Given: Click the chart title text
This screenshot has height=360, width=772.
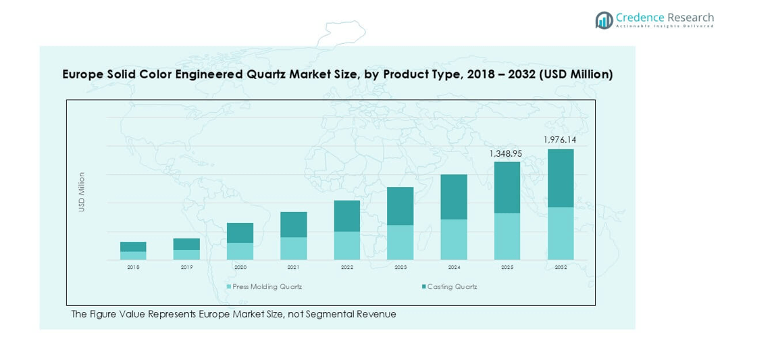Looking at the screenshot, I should [x=338, y=74].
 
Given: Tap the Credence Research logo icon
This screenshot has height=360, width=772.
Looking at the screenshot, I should [x=604, y=20].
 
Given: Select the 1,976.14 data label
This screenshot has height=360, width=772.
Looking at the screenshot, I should [x=560, y=140].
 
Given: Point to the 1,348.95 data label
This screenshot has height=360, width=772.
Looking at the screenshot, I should [x=506, y=153].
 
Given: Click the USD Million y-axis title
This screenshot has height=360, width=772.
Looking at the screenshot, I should [x=82, y=192].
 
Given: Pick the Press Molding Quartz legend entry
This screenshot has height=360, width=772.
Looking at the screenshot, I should [x=264, y=286].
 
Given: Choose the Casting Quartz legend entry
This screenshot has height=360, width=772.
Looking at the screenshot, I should [x=449, y=286].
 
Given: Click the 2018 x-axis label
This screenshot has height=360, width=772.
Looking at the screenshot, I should [x=133, y=267].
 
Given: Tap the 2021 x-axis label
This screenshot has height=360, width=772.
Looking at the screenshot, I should [x=294, y=267].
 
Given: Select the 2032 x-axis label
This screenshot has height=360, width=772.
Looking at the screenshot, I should [x=561, y=267].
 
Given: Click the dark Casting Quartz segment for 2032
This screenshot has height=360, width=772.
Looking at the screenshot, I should [x=561, y=178].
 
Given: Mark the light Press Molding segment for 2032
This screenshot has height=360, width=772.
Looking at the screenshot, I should [x=561, y=234].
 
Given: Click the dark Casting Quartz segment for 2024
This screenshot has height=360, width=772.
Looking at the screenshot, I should [x=454, y=197].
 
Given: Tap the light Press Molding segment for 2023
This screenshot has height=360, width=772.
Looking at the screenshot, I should [x=401, y=242].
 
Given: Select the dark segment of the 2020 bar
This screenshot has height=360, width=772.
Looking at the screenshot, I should [x=240, y=232].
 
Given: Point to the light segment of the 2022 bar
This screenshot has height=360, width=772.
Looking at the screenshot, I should [x=347, y=246].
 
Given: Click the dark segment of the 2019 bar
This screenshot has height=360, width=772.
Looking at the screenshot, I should [x=186, y=244].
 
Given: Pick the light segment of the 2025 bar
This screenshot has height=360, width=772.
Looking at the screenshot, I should [x=507, y=236].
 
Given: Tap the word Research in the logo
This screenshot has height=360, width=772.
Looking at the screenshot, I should [x=690, y=18].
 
